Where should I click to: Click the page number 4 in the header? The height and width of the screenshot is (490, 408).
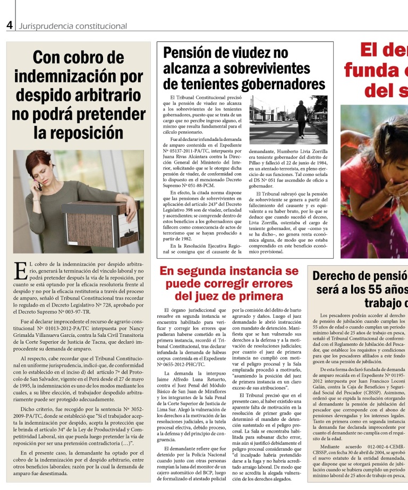(x=9, y=25)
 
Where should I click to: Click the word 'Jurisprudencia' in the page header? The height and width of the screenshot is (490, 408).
(x=45, y=26)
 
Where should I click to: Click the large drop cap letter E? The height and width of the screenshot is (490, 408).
(x=20, y=270)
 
